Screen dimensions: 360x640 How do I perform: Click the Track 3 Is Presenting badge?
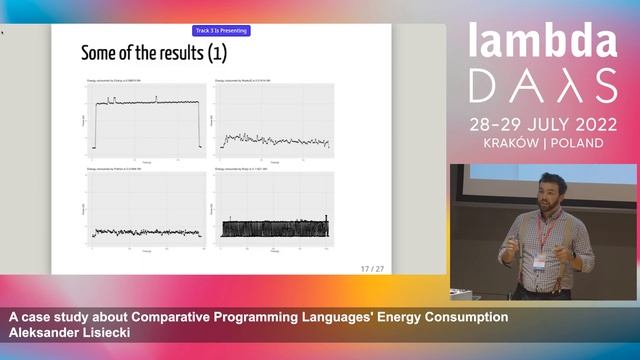(x=221, y=31)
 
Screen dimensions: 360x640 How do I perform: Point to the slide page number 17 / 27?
(x=371, y=268)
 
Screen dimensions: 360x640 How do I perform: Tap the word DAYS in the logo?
(x=544, y=90)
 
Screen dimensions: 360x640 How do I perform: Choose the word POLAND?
(x=577, y=143)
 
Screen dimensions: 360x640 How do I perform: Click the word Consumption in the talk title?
(x=459, y=318)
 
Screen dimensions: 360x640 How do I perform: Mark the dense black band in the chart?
(x=275, y=228)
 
